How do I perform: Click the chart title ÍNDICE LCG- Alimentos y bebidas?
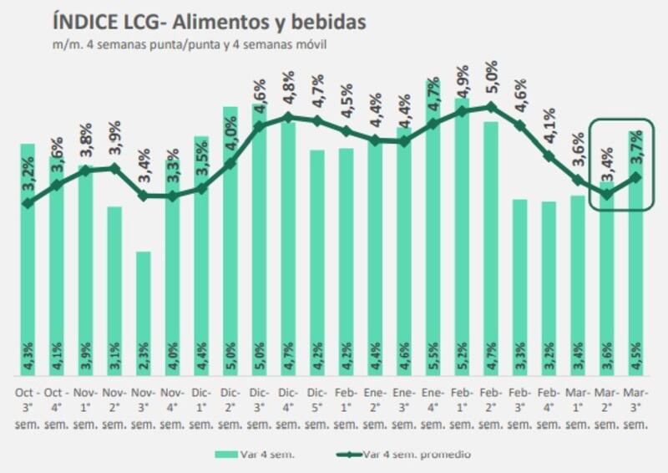pos(208,22)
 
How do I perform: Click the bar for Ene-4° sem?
pos(433,234)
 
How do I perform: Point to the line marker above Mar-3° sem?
pos(636,176)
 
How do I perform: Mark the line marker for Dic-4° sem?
pos(288,117)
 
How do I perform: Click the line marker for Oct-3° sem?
pos(28,203)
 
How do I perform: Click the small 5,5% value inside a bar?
pos(433,366)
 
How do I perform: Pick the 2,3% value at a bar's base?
pos(143,366)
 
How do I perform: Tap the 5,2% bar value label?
pos(462,366)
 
